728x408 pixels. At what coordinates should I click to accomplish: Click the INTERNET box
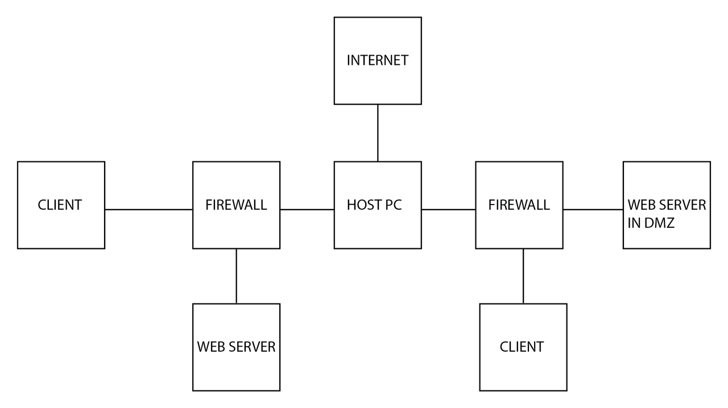(x=378, y=61)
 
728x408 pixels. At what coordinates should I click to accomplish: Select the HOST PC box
(x=378, y=205)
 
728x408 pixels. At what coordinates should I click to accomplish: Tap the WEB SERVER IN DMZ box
(x=667, y=205)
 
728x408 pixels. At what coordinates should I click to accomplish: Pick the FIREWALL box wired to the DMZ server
(x=519, y=205)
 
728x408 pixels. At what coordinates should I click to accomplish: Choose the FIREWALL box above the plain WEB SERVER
(x=236, y=205)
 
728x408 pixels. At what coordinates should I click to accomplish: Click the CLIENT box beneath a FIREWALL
(x=523, y=347)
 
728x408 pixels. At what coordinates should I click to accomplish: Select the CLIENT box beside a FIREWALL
(x=61, y=205)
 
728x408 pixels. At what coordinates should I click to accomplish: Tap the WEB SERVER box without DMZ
(x=236, y=347)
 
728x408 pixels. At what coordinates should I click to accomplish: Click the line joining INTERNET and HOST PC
(x=378, y=133)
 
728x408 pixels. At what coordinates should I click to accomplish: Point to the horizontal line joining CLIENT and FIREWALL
(x=149, y=210)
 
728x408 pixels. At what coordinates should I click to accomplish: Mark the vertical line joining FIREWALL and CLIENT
(x=523, y=276)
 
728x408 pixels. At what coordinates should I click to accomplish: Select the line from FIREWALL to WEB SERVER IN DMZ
(x=593, y=210)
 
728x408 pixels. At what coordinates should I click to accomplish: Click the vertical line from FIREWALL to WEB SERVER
(x=236, y=276)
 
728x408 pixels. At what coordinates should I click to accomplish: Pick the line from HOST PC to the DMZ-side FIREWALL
(x=449, y=210)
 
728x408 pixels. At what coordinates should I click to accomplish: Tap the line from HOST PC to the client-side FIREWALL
(x=307, y=210)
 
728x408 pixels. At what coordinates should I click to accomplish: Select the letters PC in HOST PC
(x=393, y=205)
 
